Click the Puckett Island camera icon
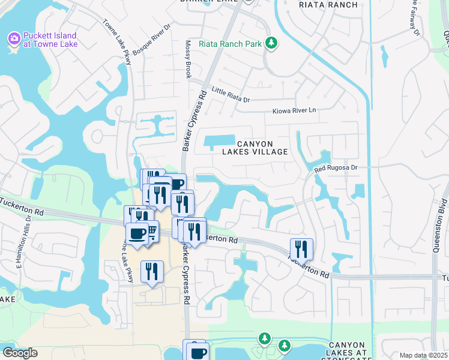pos(13,38)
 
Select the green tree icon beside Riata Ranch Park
pos(272,43)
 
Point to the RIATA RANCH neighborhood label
pos(328,5)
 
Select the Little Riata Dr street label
pos(231,95)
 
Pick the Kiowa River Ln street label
pos(294,110)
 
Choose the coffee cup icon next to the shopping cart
pos(137,233)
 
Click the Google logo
pos(19,353)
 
